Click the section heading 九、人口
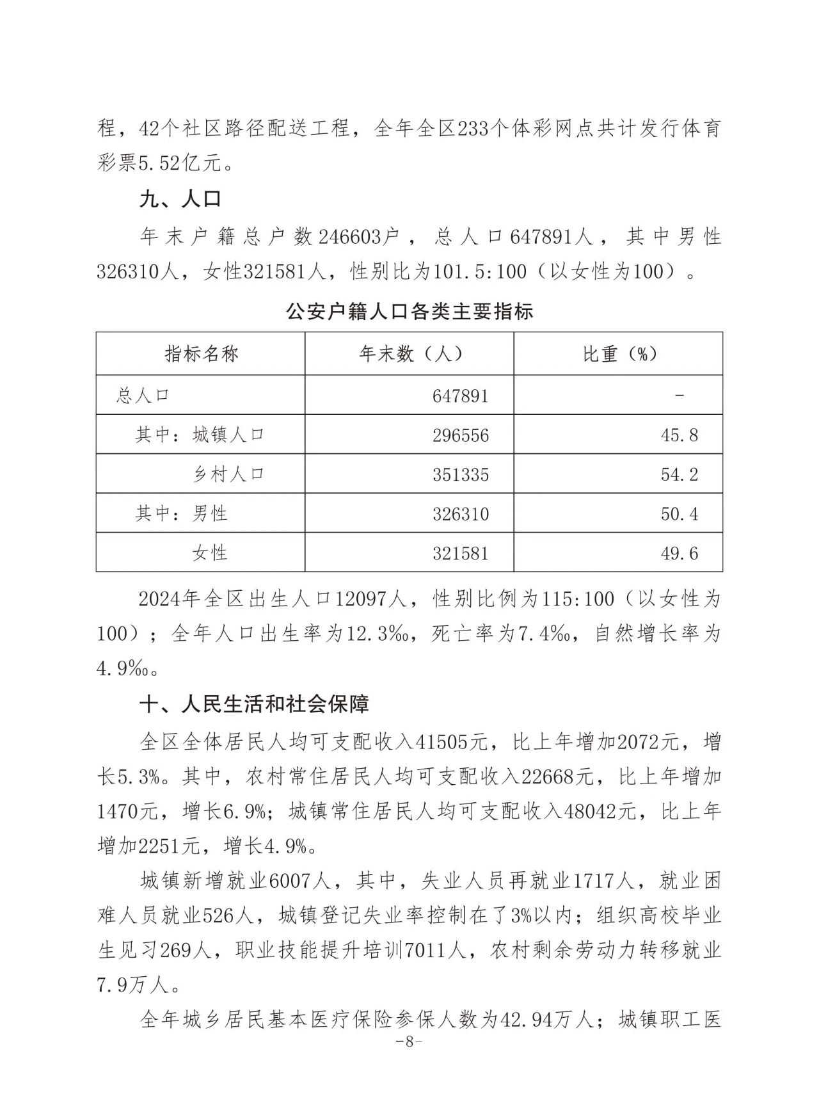click(180, 199)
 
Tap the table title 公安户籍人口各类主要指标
click(409, 312)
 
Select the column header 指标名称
click(201, 354)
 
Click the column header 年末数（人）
click(410, 354)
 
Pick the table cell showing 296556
click(460, 435)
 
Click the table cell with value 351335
click(460, 474)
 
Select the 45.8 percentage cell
click(679, 435)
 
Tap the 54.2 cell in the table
click(679, 474)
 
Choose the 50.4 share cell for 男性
click(679, 514)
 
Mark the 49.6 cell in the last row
click(679, 553)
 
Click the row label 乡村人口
click(228, 474)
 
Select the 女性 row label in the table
click(210, 553)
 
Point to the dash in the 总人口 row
click(679, 396)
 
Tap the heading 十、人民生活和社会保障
click(255, 705)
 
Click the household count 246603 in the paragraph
click(351, 237)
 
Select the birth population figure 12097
click(362, 600)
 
